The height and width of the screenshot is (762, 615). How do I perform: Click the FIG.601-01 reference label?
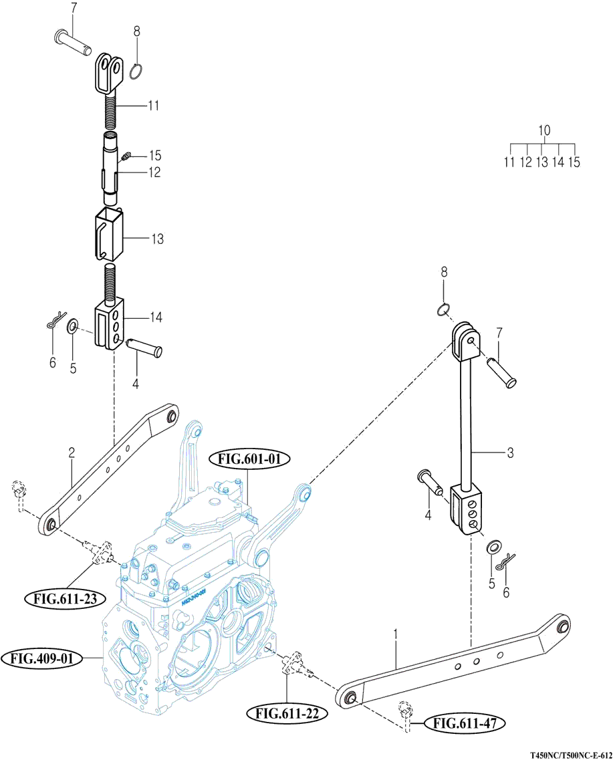(x=250, y=459)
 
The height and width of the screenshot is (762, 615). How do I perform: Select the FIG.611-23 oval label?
(x=65, y=599)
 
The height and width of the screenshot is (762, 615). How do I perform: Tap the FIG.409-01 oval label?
(x=42, y=658)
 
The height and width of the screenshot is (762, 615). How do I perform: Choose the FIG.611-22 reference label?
(x=287, y=713)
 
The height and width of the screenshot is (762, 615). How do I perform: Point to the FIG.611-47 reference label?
(x=465, y=723)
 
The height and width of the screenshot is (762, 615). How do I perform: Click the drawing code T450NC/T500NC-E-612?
(x=571, y=756)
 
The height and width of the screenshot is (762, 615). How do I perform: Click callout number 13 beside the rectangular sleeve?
(x=158, y=239)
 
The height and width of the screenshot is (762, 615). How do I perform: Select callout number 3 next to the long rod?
(x=510, y=453)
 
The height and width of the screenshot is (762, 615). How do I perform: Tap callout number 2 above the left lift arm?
(x=72, y=453)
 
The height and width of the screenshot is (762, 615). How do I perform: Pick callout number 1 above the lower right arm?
(x=396, y=635)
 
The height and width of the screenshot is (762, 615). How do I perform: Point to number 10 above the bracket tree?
(x=544, y=130)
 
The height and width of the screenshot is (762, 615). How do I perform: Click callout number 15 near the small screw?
(x=155, y=156)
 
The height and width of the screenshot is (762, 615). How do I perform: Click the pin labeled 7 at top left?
(x=73, y=43)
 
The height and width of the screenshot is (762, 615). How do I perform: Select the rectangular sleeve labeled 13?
(x=108, y=234)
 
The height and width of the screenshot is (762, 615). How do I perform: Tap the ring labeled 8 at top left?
(x=136, y=71)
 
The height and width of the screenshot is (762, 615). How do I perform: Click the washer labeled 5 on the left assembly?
(x=72, y=325)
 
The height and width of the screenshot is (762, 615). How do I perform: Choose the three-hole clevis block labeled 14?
(x=110, y=326)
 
